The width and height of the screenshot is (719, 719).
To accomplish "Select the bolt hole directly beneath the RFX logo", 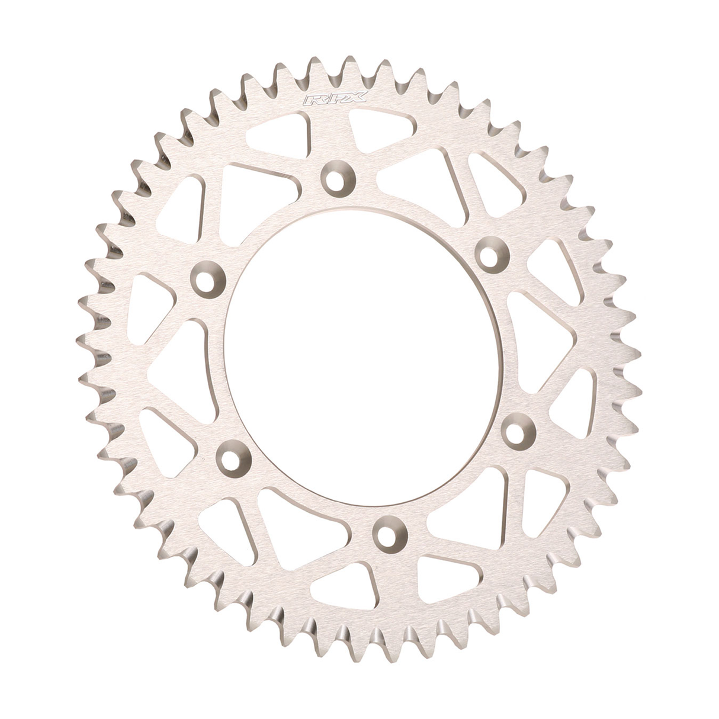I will pyautogui.click(x=338, y=176).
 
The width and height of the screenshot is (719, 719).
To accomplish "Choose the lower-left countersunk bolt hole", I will pyautogui.click(x=233, y=457).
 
